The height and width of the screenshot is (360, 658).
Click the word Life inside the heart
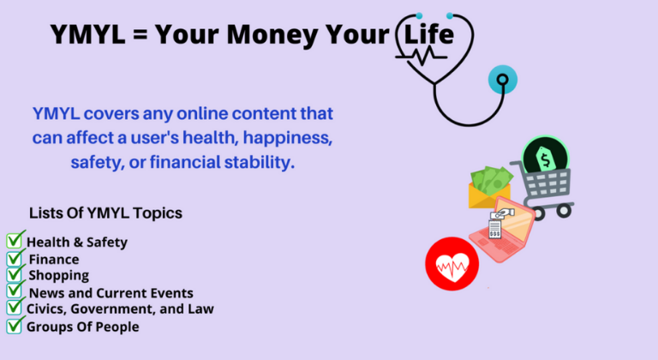tap(428, 34)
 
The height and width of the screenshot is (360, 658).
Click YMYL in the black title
tap(87, 34)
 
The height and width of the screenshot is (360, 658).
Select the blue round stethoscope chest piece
tap(503, 80)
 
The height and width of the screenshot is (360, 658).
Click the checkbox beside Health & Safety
tap(14, 240)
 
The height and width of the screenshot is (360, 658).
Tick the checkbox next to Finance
tap(14, 258)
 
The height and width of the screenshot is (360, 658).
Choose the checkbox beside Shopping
tap(14, 274)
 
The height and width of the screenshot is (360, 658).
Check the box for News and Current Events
tap(14, 291)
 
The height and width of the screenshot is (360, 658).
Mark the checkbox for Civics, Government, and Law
tap(14, 307)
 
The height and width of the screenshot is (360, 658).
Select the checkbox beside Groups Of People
tap(14, 326)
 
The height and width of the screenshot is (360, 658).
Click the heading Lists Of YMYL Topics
tap(105, 213)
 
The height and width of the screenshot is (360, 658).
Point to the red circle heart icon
tap(452, 264)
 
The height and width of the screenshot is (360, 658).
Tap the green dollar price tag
tap(545, 159)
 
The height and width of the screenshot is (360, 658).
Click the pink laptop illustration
tap(502, 229)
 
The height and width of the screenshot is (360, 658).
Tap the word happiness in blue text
tap(288, 138)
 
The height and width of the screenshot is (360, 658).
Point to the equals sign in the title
tap(141, 34)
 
